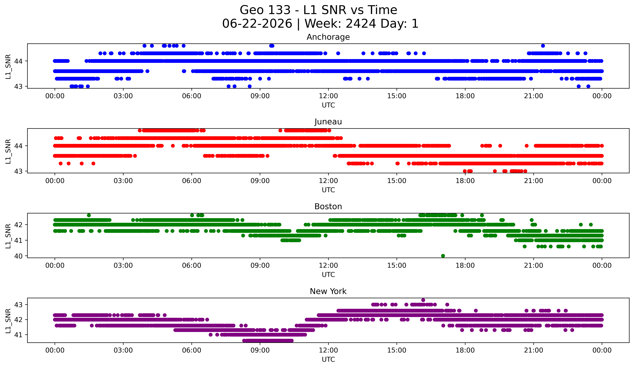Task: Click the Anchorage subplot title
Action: tap(328, 37)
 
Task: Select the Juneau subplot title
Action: tap(328, 122)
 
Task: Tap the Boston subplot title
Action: tap(328, 207)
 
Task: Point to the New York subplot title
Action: tap(328, 291)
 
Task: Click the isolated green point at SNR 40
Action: tap(443, 256)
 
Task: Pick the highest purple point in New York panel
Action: tap(423, 300)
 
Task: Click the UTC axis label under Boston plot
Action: tap(328, 275)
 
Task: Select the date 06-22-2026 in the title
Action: tap(257, 24)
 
